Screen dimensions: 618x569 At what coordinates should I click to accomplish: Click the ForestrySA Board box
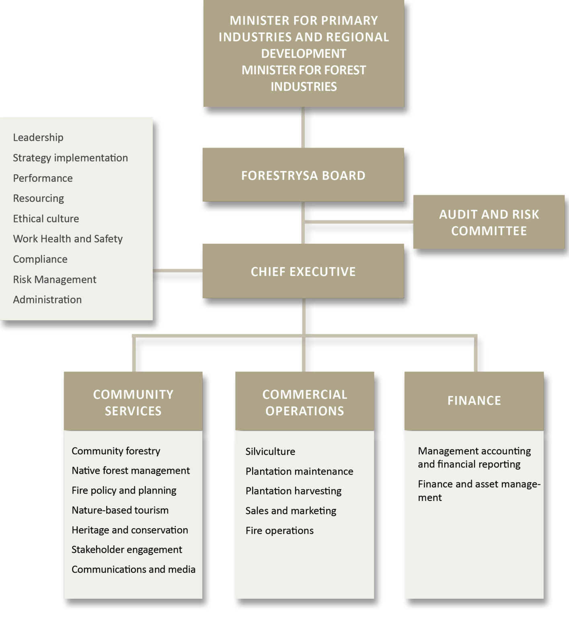[303, 175]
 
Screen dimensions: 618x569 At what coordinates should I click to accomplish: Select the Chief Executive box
[303, 272]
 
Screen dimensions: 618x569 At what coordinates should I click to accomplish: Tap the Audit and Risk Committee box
[489, 222]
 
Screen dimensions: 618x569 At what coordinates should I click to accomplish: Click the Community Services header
[133, 402]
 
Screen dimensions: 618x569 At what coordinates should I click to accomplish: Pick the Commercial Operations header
[304, 402]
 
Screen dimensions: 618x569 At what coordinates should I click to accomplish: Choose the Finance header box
[474, 401]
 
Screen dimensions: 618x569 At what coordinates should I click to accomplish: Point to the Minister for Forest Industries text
[304, 78]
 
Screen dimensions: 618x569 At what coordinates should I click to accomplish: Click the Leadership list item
[38, 138]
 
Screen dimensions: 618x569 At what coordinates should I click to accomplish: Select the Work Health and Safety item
[68, 239]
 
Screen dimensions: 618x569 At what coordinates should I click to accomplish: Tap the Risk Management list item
[55, 280]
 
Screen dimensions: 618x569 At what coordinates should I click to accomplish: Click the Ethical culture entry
[46, 219]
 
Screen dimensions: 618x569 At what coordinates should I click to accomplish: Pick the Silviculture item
[270, 451]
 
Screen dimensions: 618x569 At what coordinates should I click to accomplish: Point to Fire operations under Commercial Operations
[279, 531]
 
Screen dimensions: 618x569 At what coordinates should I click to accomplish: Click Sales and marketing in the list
[291, 511]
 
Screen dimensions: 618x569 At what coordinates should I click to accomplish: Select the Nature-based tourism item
[120, 510]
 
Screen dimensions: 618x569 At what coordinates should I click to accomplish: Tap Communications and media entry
[134, 569]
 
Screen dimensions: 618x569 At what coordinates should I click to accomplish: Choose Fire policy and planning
[124, 490]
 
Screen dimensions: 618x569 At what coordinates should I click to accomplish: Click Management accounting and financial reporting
[474, 457]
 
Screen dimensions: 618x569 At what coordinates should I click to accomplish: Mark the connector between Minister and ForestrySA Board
[303, 128]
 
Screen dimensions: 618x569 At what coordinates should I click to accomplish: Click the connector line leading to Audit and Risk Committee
[358, 222]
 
